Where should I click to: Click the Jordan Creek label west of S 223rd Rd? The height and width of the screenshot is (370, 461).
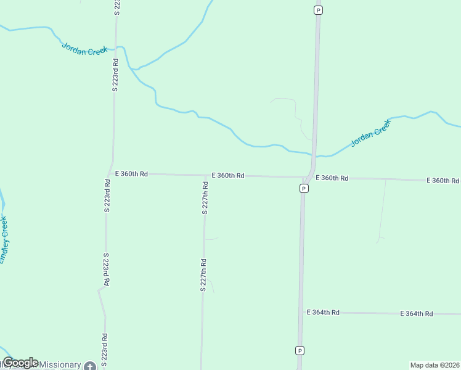(85, 49)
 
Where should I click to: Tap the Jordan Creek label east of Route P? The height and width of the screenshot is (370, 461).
(371, 133)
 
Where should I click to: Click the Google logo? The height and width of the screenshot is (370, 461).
(20, 363)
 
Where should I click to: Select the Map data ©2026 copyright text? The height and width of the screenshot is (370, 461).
(435, 365)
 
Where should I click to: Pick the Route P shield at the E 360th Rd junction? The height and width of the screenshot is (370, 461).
(304, 188)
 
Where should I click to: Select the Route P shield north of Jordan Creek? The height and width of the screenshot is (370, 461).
(318, 10)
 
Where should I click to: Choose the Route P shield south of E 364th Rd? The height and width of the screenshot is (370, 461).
(300, 350)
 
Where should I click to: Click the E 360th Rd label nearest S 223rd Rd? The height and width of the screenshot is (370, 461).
(132, 174)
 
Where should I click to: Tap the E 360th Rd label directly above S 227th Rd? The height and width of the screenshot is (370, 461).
(228, 176)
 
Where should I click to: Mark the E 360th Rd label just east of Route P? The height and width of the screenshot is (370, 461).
(332, 178)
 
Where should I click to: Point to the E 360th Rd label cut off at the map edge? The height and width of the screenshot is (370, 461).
(443, 180)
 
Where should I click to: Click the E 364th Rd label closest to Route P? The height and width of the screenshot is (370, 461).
(324, 313)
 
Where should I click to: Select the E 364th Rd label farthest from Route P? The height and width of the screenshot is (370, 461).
(417, 314)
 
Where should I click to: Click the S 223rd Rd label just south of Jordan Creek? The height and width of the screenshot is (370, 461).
(115, 75)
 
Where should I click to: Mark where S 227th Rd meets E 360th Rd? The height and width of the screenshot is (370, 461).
(205, 176)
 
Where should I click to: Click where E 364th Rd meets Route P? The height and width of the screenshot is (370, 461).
(301, 312)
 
